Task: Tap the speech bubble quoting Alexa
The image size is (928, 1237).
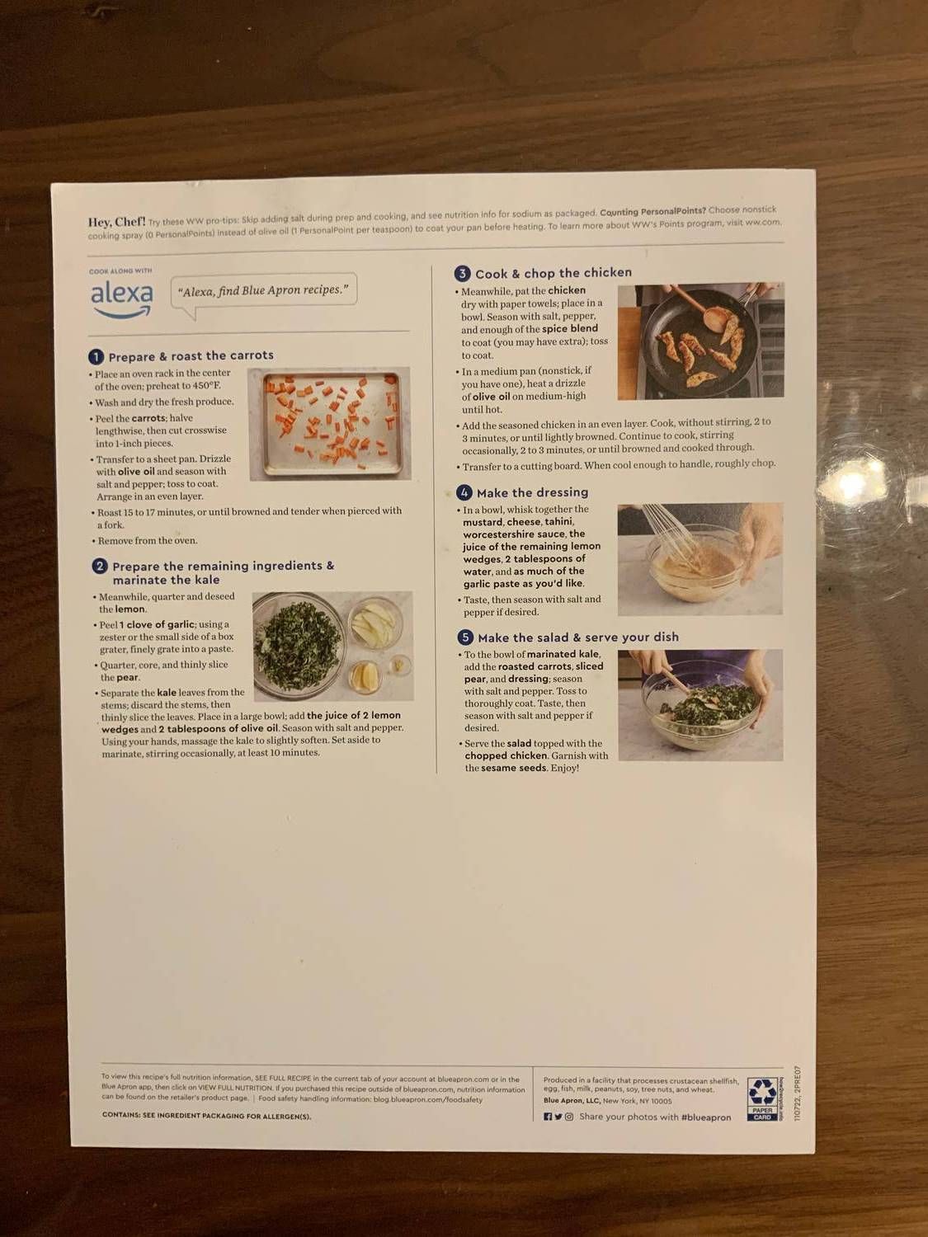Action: coord(264,291)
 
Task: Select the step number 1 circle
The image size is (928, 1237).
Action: coord(96,357)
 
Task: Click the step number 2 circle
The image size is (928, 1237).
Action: coord(99,567)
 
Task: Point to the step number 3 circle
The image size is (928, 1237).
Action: coord(462,274)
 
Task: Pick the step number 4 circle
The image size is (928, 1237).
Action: coord(464,492)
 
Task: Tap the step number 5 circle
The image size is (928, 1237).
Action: coord(465,637)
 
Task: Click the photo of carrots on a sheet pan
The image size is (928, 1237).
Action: coord(329,423)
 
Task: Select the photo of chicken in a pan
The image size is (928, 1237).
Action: coord(700,341)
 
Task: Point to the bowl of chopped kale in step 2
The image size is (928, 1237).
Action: coord(296,644)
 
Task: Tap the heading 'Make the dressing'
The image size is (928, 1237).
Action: coord(532,492)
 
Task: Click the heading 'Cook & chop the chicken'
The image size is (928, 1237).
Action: coord(554,273)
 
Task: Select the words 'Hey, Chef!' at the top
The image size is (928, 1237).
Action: coord(116,222)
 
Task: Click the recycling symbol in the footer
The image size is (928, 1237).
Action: coord(762,1094)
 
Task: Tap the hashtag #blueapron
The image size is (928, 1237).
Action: coord(706,1117)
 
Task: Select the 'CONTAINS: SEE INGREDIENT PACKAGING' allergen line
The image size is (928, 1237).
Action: coord(207,1116)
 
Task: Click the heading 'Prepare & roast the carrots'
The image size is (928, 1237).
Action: coord(191,356)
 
